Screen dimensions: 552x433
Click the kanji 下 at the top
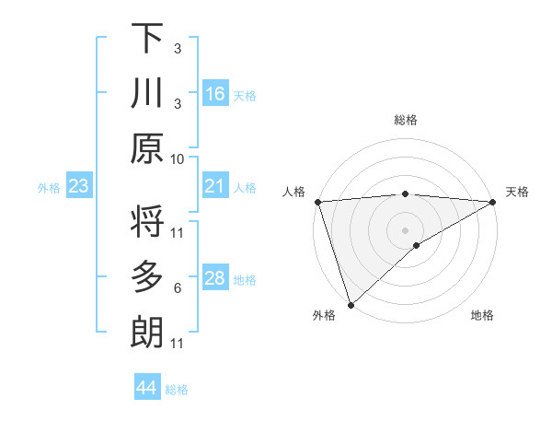click(x=146, y=39)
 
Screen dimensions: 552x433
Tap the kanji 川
click(x=146, y=93)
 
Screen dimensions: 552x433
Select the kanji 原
click(x=146, y=147)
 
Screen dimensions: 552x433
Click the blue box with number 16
click(x=214, y=94)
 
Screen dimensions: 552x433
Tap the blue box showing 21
click(x=214, y=187)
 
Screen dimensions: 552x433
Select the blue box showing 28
click(x=214, y=279)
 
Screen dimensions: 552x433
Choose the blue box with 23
click(x=79, y=187)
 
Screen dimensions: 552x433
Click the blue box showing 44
click(x=146, y=388)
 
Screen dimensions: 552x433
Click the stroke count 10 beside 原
click(x=178, y=158)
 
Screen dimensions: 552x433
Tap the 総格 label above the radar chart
click(x=405, y=120)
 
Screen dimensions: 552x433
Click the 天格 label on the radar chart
click(x=517, y=192)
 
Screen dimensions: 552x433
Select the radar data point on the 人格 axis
click(x=317, y=201)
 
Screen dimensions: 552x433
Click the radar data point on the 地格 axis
click(x=417, y=245)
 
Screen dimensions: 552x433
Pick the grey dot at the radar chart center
click(x=405, y=229)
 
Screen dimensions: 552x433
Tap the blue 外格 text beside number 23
click(x=49, y=188)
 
